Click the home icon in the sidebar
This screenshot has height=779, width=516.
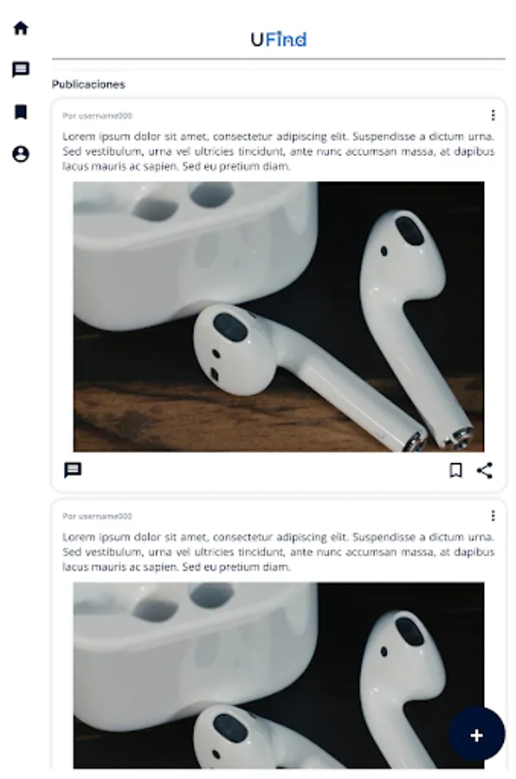[x=21, y=28]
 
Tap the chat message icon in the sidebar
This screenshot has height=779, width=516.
[x=21, y=69]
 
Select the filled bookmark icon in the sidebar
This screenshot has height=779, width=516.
[x=21, y=112]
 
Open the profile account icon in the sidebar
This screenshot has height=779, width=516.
[x=21, y=154]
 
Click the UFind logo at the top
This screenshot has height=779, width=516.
[x=279, y=39]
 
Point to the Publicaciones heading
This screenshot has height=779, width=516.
[x=88, y=85]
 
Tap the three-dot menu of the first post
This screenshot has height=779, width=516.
[x=493, y=115]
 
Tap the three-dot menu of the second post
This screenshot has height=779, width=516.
[x=493, y=516]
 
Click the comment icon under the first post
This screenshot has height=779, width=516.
[x=73, y=470]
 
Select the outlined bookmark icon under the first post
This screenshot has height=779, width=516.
[x=455, y=470]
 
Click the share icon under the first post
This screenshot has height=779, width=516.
[x=485, y=470]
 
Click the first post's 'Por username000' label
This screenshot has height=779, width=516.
[x=98, y=116]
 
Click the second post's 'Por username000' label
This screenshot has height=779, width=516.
[x=98, y=516]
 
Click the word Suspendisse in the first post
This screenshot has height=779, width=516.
[x=384, y=136]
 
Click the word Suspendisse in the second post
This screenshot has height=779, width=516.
[x=384, y=537]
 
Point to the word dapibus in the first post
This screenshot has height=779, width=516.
[x=474, y=151]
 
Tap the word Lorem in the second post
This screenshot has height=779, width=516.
[x=79, y=537]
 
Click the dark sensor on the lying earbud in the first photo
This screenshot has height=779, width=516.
[x=230, y=327]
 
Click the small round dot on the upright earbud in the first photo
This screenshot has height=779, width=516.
[x=384, y=251]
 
